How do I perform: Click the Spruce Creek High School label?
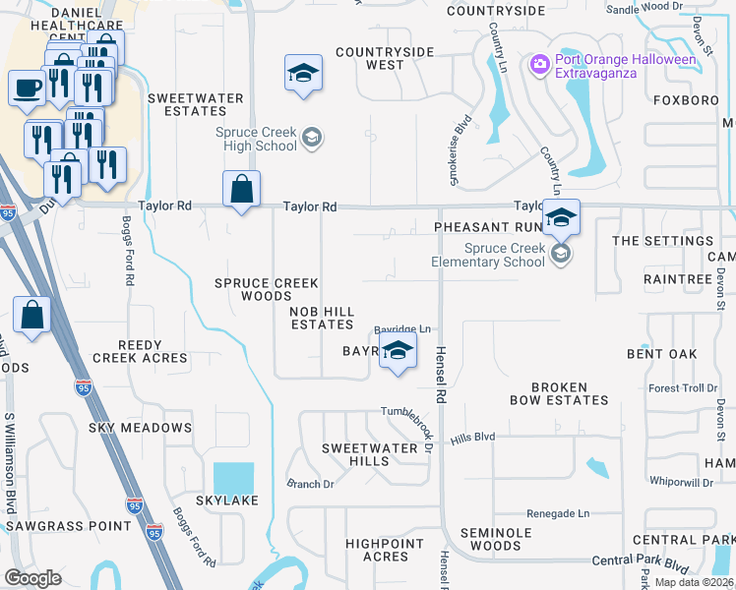click(x=257, y=139)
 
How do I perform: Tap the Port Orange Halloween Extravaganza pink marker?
click(x=539, y=65)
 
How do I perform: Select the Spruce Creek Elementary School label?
click(x=488, y=255)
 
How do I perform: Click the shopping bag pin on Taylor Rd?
click(x=241, y=188)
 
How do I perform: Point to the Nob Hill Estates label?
click(x=321, y=318)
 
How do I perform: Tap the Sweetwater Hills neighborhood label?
click(x=369, y=454)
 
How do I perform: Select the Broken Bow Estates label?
click(x=559, y=393)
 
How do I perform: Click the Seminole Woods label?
click(x=482, y=539)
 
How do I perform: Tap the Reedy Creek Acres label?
click(x=139, y=351)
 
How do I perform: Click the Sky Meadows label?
click(x=140, y=428)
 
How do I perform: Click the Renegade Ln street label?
click(x=557, y=513)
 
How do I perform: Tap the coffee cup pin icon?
click(x=26, y=87)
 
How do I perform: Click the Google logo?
click(x=32, y=577)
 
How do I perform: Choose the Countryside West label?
click(x=369, y=58)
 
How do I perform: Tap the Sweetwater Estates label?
click(x=188, y=104)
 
